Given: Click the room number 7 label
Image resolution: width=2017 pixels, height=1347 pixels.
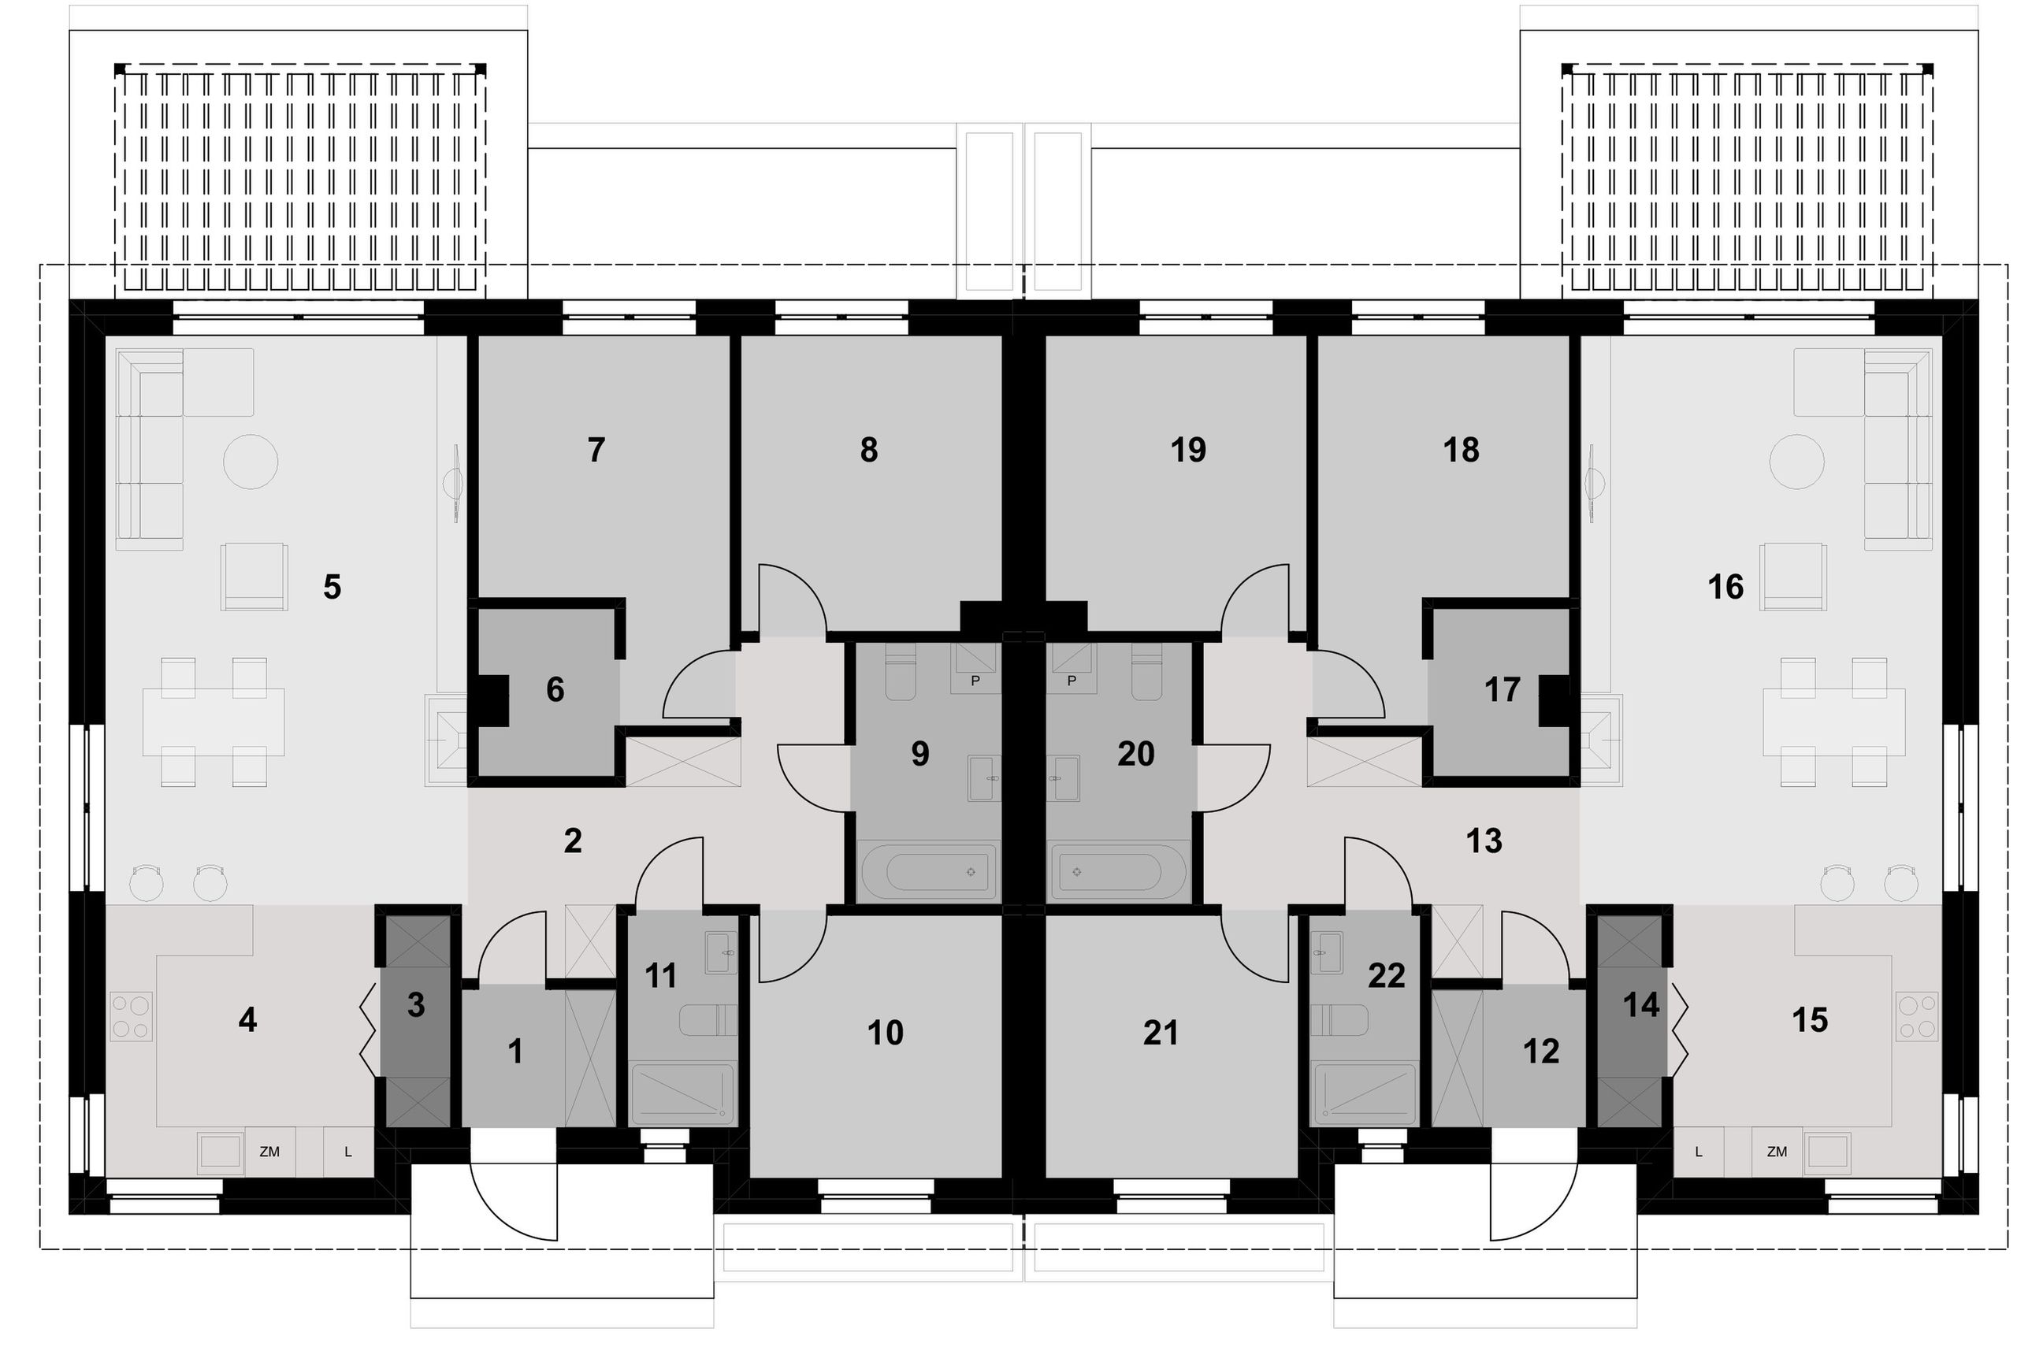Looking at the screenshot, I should (596, 450).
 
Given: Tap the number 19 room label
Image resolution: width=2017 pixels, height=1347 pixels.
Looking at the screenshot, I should (1188, 450).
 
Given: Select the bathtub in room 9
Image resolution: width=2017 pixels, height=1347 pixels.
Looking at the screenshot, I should (929, 872).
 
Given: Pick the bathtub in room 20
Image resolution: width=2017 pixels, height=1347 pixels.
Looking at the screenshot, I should (1117, 872).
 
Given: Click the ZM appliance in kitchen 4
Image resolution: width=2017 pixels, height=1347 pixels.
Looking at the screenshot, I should (269, 1152).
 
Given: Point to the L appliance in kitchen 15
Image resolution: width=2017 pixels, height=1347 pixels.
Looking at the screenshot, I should (1699, 1152).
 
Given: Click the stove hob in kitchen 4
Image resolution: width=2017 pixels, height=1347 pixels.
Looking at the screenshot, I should (131, 1017).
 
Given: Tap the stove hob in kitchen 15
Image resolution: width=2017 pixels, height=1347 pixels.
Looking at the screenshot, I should (1918, 1017).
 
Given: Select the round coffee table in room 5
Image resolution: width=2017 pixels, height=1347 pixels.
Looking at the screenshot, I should (251, 462).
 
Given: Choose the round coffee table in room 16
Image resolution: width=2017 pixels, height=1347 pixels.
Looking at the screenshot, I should (1797, 462).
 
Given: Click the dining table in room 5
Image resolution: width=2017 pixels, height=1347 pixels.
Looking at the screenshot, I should (213, 722).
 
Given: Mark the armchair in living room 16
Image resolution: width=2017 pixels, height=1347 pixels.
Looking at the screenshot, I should (1792, 576).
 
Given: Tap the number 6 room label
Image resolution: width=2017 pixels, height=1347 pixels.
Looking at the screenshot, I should (555, 690).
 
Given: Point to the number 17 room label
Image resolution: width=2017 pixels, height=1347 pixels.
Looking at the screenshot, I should (1502, 690).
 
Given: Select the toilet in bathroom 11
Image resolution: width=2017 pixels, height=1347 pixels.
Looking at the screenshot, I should (708, 1021).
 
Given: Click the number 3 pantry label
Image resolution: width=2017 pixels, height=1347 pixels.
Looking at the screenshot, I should (416, 1005).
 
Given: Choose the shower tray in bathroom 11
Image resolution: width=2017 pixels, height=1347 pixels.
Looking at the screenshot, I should (682, 1093).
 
